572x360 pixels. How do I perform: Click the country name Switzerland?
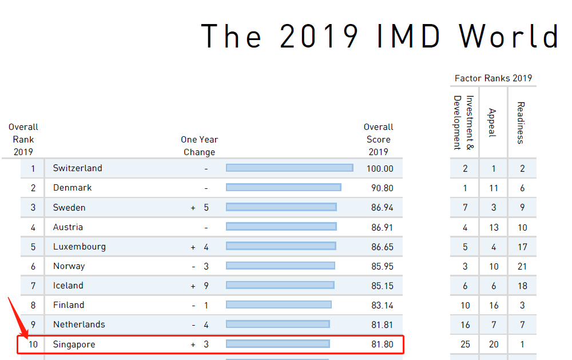(77, 168)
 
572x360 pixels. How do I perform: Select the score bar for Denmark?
(283, 187)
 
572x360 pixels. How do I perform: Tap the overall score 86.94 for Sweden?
(382, 208)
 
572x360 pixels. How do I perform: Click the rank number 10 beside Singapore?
(33, 345)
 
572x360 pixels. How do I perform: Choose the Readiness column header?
(521, 122)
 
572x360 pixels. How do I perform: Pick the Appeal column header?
(492, 122)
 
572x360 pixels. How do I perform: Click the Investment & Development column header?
(464, 122)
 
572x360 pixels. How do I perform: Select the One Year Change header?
(199, 146)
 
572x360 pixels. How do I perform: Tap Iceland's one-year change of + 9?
(200, 286)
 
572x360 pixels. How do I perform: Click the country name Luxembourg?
(79, 247)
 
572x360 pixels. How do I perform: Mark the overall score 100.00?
(380, 169)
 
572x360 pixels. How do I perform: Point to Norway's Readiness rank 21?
(522, 266)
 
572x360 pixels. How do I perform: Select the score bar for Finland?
(279, 304)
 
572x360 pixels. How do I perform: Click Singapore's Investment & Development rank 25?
(465, 345)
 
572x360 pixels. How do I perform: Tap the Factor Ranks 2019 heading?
(493, 78)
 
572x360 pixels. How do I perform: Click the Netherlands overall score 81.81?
(382, 325)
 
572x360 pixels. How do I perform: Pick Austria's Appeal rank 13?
(494, 227)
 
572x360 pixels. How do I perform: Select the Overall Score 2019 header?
(378, 139)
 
